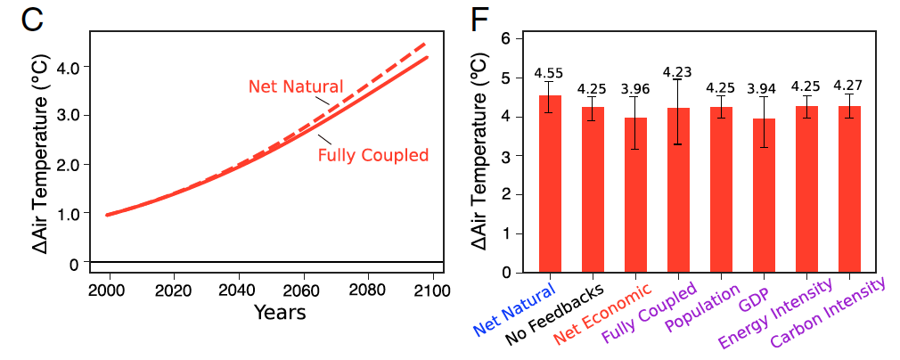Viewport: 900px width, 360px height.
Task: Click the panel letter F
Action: (482, 20)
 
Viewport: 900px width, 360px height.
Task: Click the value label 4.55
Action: (549, 74)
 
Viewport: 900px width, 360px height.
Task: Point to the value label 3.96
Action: (635, 89)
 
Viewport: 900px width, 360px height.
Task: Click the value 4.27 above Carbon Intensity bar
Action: (848, 86)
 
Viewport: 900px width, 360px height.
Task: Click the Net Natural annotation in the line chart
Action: (295, 86)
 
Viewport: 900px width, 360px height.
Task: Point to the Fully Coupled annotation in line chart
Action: (373, 155)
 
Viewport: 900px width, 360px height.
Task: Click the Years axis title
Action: (280, 312)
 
